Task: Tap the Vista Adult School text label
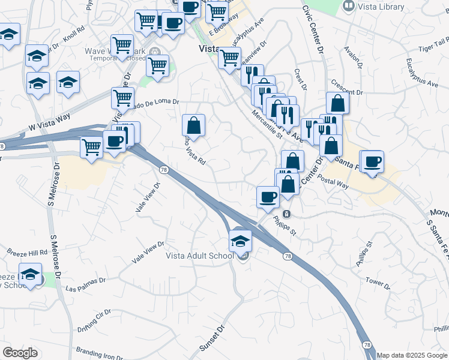[199, 256]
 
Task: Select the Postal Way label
[333, 182]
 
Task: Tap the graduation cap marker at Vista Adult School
[240, 242]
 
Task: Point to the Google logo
[20, 353]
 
